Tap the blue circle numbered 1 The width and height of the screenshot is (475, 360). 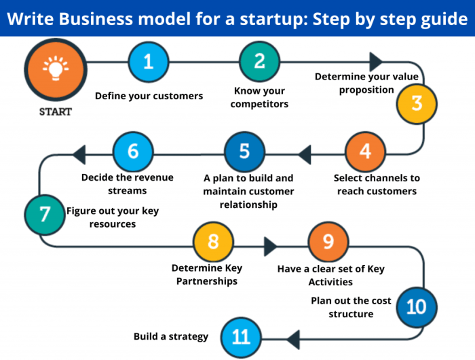coord(149,62)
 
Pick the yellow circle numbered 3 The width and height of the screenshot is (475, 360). coord(417,103)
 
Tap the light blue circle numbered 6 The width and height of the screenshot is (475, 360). coord(133,151)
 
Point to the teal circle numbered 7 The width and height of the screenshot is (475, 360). coord(45,215)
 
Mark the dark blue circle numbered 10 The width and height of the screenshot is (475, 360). coord(416,307)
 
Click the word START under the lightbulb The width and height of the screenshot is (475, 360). coord(55,111)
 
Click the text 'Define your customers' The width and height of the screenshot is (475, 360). coord(149,96)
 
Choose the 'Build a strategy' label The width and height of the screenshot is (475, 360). coord(171,336)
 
